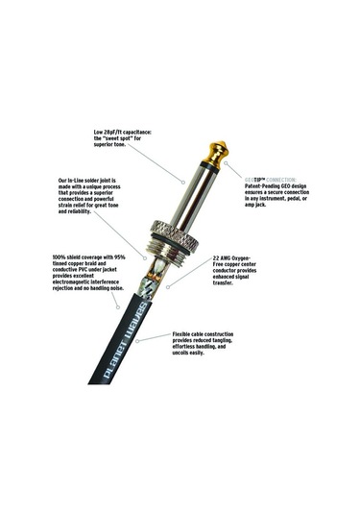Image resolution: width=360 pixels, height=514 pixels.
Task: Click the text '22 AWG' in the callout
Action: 228,258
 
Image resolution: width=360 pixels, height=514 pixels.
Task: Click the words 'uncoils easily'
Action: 189,353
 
